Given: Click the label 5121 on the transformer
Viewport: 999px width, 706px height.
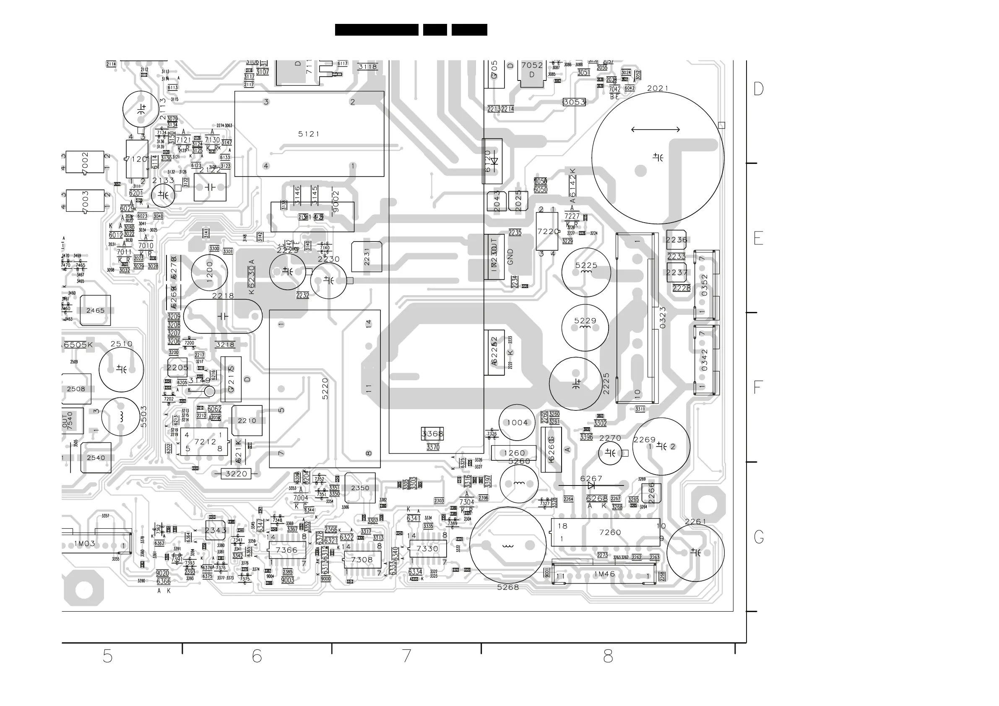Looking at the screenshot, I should (309, 134).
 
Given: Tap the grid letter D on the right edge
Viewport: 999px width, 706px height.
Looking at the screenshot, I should (758, 89).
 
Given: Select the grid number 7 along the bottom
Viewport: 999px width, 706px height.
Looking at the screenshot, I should (406, 656).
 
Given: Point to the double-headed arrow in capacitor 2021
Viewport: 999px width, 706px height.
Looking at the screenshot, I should (655, 129).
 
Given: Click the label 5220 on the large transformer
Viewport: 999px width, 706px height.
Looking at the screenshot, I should (325, 389).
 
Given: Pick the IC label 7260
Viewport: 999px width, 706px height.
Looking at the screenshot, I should (610, 532).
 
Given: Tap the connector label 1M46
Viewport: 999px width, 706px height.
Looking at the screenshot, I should (604, 574).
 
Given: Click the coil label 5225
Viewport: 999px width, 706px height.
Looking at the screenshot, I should (586, 265).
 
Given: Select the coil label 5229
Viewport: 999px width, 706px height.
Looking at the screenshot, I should (585, 321).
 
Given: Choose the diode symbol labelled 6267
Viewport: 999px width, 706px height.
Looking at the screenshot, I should (591, 485).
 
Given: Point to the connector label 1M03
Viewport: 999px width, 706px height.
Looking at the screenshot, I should (84, 544).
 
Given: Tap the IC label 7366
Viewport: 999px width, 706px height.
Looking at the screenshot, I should (287, 550).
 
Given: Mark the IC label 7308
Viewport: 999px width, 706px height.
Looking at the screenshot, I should (362, 560).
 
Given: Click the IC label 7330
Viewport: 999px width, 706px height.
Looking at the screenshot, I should (427, 549).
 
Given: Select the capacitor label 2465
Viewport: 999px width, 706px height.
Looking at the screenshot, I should (95, 311).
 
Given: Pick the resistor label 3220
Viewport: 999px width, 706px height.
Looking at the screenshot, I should (236, 474).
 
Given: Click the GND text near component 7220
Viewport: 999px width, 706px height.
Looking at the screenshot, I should (511, 257).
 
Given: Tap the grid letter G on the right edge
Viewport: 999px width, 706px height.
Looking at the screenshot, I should (758, 537).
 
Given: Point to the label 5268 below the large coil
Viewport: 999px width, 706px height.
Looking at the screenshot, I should (508, 587).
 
